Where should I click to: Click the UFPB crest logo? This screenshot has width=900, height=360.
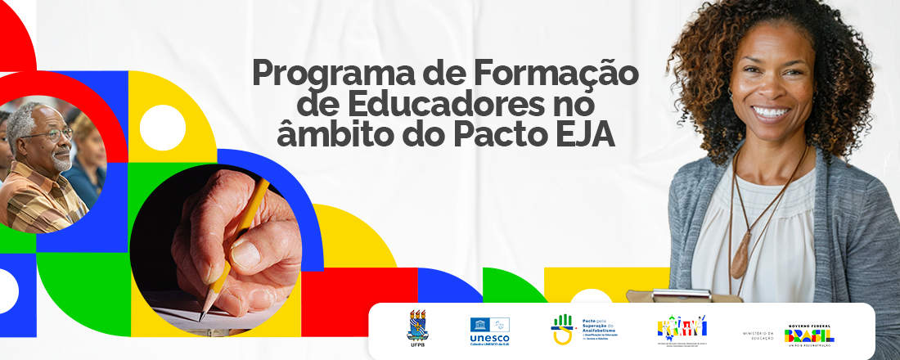417,325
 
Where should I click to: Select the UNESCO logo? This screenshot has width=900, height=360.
489,330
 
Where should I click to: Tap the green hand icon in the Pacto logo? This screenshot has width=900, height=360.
563,322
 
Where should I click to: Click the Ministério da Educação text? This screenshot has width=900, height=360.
757,335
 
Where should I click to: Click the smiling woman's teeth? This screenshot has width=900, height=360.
772,112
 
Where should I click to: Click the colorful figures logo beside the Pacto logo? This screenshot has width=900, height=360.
682,327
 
